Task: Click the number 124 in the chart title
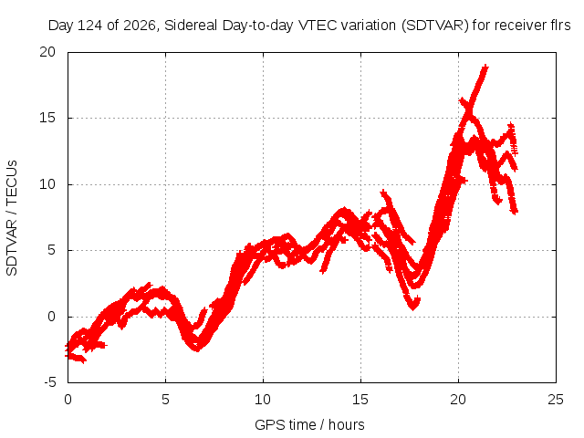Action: [91, 26]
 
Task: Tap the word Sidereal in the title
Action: [191, 26]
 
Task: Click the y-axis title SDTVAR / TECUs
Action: [12, 218]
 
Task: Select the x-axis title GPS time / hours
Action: [309, 424]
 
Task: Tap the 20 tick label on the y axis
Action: [47, 52]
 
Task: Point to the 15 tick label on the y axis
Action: [47, 118]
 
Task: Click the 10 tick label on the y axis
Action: [47, 184]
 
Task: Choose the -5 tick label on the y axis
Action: [49, 382]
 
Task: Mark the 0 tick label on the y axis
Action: [51, 317]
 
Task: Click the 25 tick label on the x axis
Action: [556, 400]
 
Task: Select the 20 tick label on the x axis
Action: [458, 400]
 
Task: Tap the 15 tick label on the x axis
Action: [360, 400]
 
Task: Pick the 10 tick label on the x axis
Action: [263, 400]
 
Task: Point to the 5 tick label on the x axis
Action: [165, 400]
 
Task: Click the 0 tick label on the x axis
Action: [68, 400]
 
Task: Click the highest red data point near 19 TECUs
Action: [485, 67]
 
